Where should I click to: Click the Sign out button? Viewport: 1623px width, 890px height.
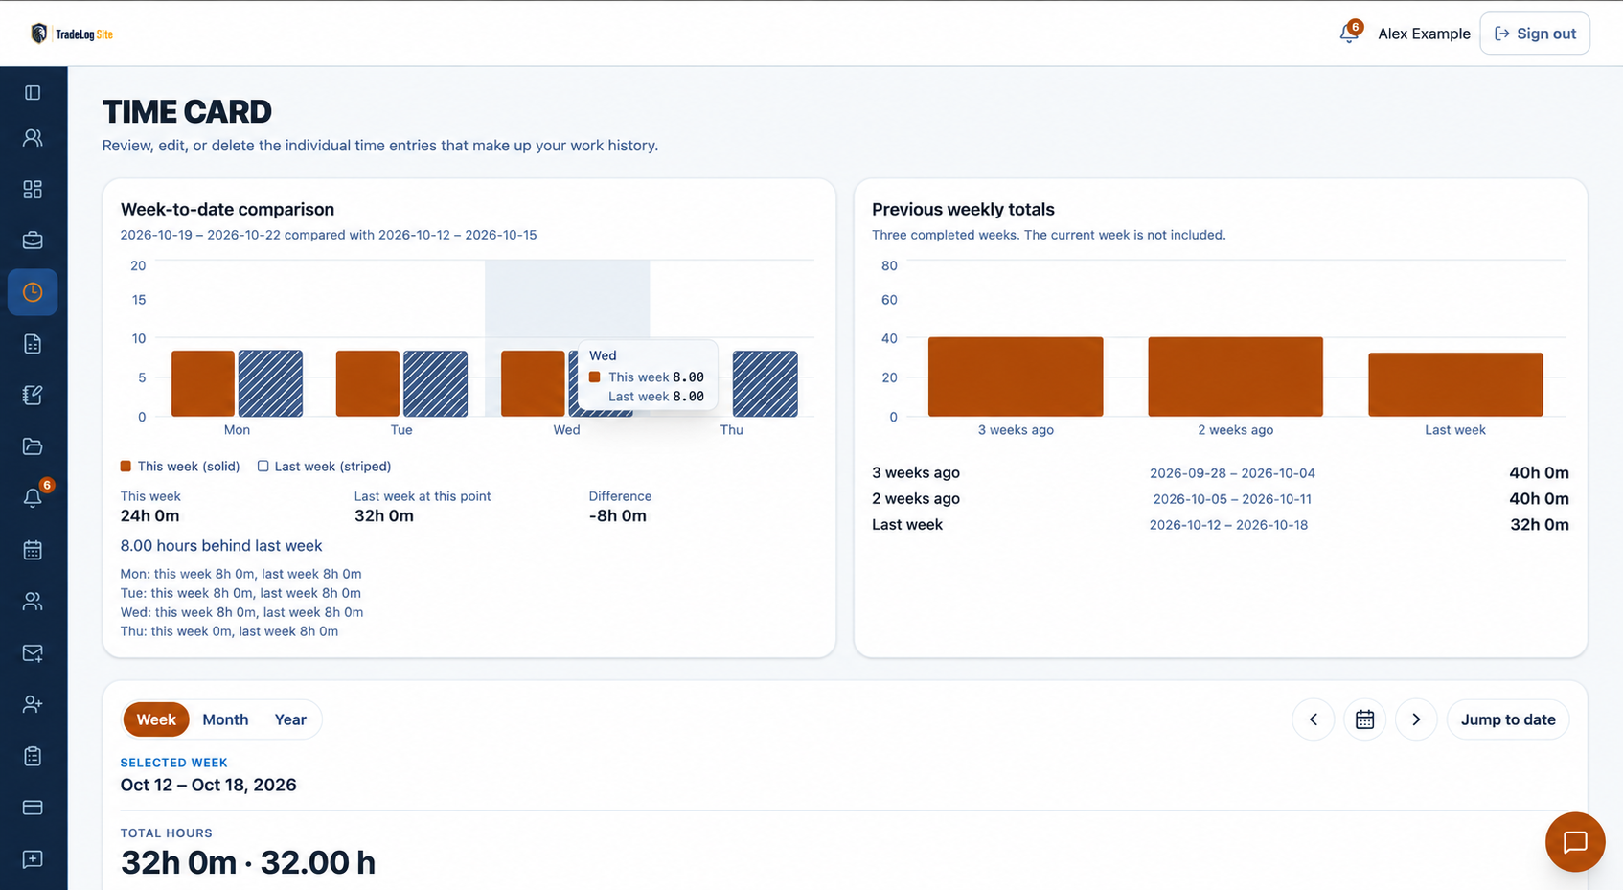point(1535,34)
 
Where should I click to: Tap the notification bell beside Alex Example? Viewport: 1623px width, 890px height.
point(1350,33)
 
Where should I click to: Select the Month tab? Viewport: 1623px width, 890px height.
point(225,719)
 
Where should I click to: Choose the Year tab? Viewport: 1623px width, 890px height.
point(290,719)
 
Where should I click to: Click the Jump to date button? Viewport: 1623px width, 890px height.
point(1508,719)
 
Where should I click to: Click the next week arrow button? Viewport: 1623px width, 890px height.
point(1416,719)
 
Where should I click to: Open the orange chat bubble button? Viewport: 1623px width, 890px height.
point(1575,841)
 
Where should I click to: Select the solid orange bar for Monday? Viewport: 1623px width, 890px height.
point(203,383)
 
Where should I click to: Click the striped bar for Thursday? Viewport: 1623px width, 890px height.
point(766,383)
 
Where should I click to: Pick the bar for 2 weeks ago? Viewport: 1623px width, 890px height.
point(1235,377)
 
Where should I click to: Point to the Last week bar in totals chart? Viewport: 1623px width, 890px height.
point(1455,385)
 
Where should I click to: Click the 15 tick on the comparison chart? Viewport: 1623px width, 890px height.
point(138,299)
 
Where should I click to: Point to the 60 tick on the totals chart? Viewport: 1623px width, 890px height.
point(889,299)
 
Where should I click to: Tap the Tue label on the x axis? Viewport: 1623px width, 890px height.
point(401,430)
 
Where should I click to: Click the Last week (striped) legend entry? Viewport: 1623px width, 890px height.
point(325,466)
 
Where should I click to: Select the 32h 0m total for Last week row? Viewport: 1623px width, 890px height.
point(1539,525)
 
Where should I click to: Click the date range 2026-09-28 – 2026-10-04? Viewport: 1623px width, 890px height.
point(1232,473)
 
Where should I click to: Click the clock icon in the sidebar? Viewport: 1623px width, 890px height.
point(33,292)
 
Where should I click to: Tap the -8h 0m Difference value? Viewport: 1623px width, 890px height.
point(617,516)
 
